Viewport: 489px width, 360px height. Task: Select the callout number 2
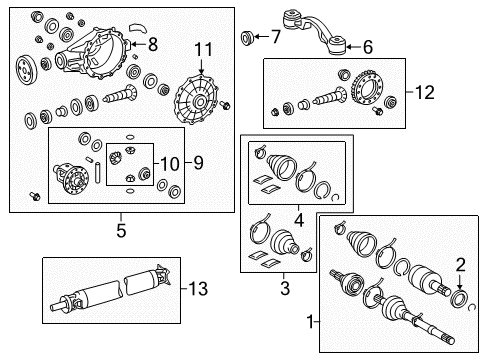click(461, 264)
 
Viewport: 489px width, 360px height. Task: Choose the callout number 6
click(368, 45)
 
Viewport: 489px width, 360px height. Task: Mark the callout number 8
click(152, 43)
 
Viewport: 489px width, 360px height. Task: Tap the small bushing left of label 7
click(248, 38)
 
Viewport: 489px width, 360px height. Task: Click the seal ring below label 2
click(461, 297)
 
